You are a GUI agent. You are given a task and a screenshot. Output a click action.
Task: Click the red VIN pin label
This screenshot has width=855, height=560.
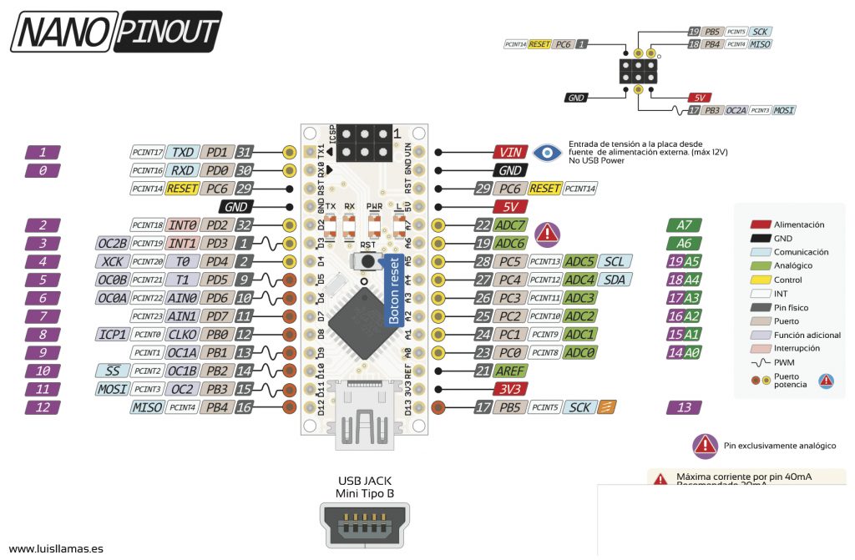pos(509,153)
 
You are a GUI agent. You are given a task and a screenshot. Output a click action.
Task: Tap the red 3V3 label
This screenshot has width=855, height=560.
pos(508,389)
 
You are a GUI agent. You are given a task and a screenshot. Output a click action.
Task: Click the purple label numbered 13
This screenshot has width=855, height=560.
pos(684,407)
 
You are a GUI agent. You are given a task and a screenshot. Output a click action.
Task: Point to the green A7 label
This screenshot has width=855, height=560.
pos(684,225)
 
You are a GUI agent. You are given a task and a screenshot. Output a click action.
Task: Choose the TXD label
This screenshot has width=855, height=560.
pos(183,153)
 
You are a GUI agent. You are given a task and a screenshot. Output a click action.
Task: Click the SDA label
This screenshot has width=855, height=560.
pos(614,280)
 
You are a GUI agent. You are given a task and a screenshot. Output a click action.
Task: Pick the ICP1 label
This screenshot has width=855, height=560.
pos(112,335)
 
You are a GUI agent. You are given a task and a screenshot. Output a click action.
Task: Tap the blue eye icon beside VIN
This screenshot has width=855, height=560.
pos(548,153)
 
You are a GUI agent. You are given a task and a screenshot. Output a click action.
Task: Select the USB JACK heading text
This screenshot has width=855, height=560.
pos(365,481)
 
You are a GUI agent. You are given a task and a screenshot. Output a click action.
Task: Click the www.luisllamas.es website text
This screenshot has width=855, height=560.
pos(56,549)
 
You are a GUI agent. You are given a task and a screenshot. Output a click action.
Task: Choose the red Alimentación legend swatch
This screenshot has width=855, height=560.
pos(759,225)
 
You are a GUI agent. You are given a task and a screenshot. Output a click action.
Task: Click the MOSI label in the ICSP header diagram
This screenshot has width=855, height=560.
pos(783,110)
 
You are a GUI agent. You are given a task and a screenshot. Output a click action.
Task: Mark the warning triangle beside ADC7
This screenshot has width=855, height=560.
pos(547,233)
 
